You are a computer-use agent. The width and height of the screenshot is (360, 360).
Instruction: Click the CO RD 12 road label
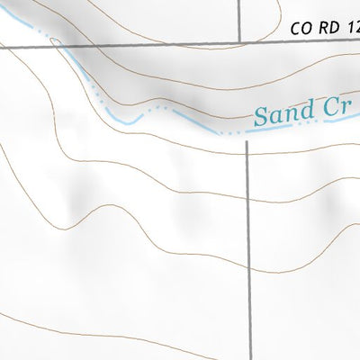pos(325,29)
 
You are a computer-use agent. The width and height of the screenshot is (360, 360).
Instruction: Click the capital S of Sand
pos(260,117)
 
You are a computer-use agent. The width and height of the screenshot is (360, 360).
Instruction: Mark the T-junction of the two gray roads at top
pos(240,41)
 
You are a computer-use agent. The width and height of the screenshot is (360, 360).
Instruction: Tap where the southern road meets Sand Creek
pos(247,132)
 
